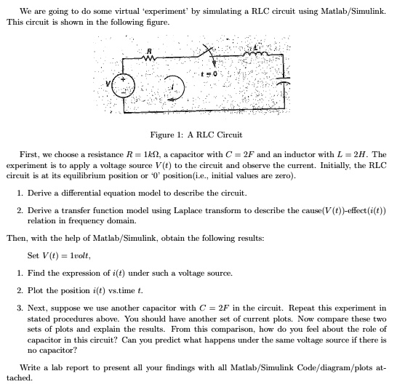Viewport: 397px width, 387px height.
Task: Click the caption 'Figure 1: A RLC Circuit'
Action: [x=196, y=135]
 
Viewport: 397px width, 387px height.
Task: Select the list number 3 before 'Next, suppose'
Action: [x=18, y=308]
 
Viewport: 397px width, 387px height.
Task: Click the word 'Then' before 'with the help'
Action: [x=16, y=238]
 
